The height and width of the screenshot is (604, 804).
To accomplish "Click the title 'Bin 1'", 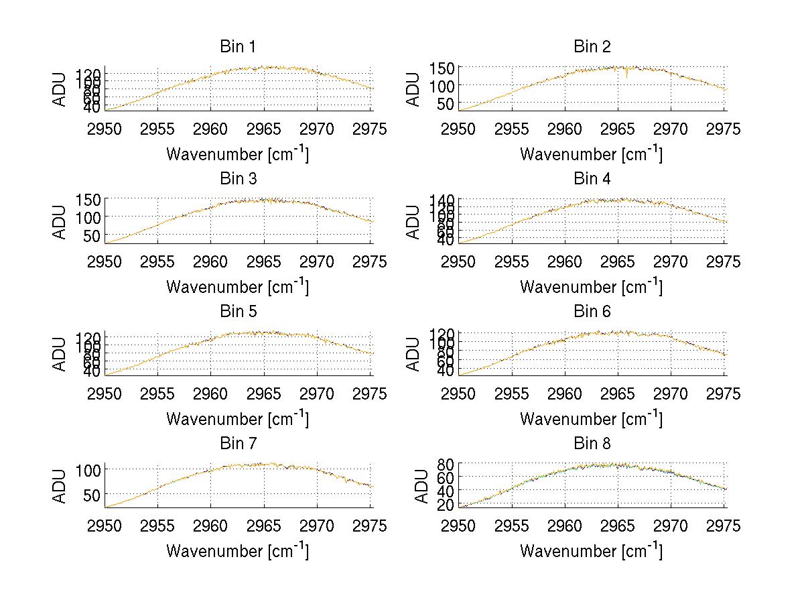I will (x=237, y=47).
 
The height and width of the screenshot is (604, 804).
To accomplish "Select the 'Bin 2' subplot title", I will (x=592, y=47).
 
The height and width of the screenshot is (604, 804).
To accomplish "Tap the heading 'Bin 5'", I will (x=237, y=312).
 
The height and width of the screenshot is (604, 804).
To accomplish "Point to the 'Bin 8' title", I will (x=592, y=444).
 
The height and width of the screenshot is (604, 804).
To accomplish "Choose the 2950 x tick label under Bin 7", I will (x=105, y=526).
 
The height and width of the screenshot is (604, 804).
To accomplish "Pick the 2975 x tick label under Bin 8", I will (x=724, y=526).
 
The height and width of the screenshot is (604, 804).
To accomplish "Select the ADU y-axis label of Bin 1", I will (x=61, y=88).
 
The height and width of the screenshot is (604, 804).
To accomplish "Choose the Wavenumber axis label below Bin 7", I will (x=237, y=551).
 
